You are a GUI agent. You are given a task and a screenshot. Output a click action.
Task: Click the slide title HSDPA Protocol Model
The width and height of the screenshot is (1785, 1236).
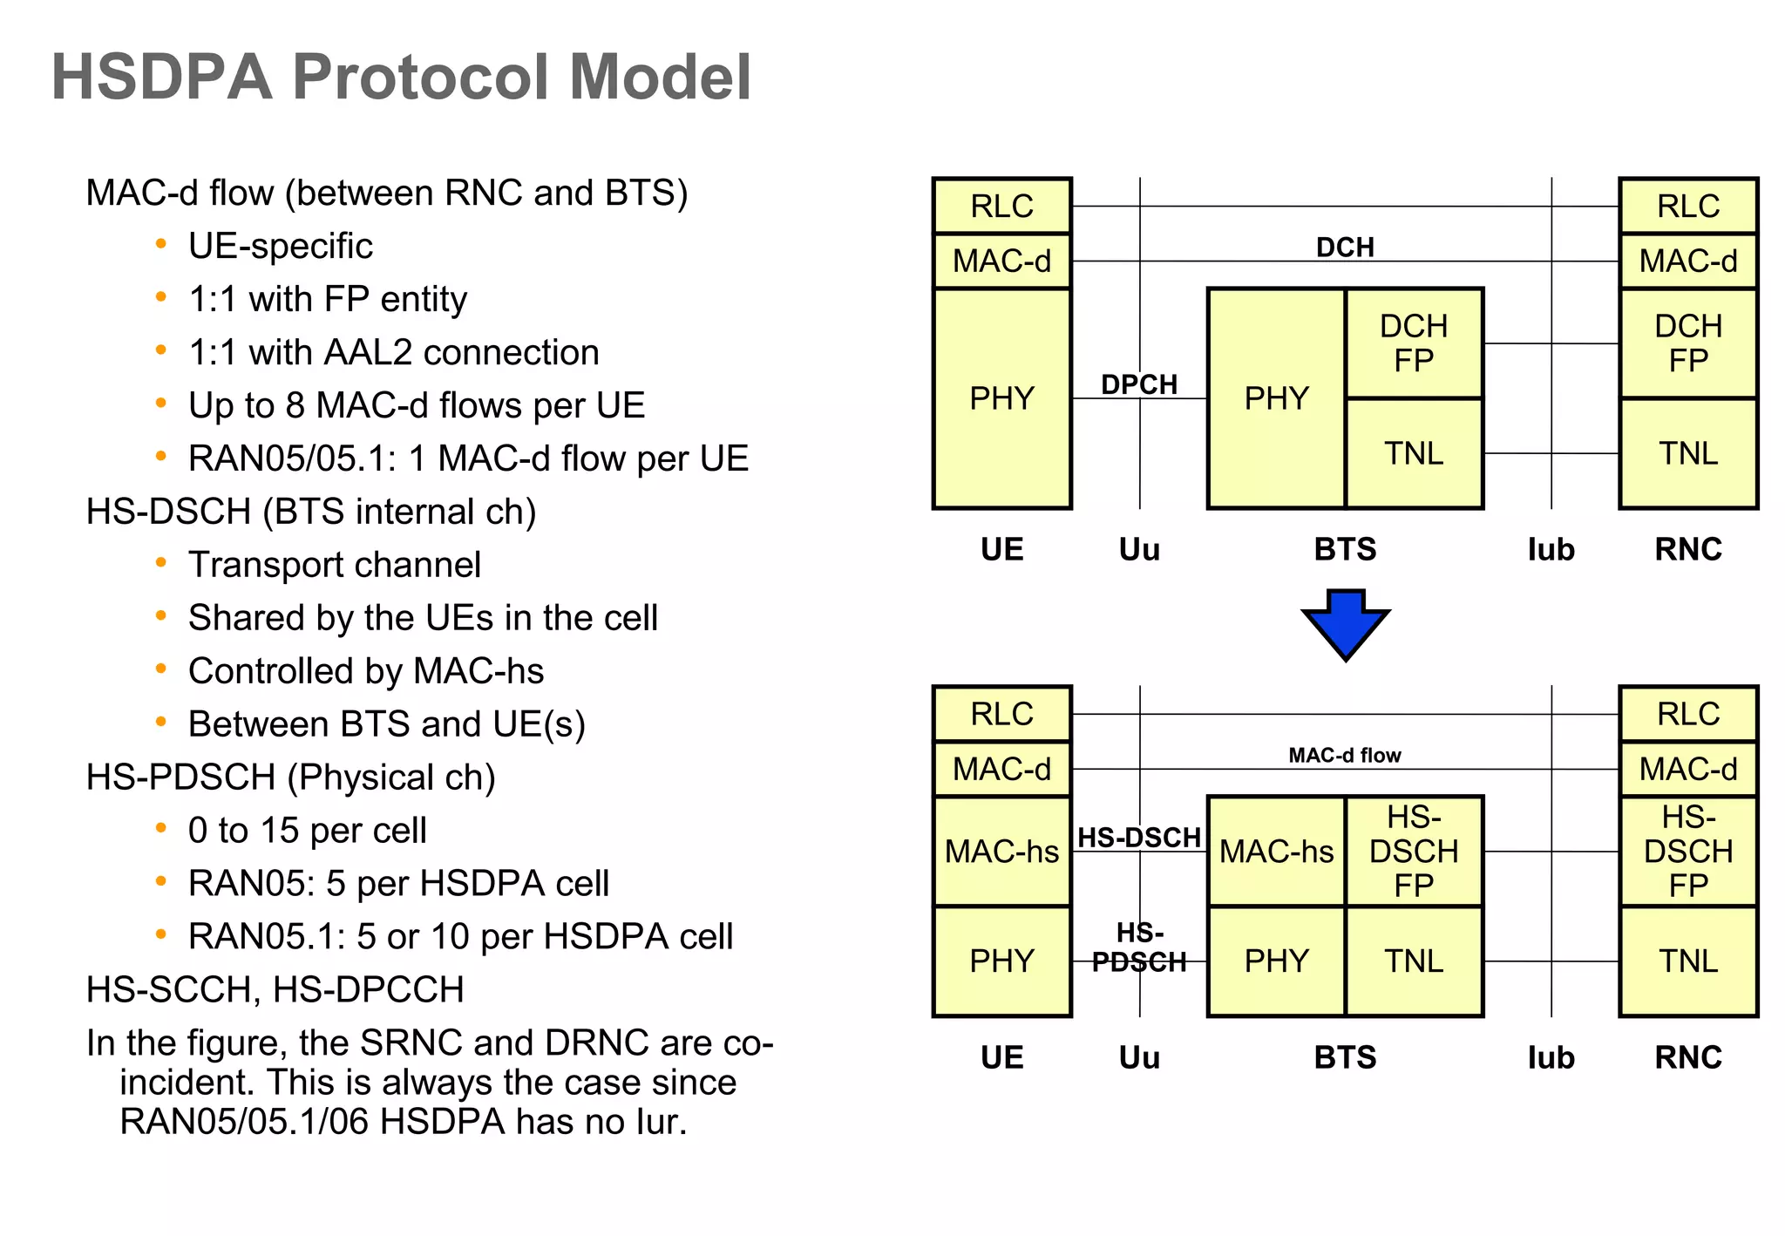coord(401,78)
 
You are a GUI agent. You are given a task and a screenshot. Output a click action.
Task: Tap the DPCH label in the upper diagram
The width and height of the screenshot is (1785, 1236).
coord(1138,384)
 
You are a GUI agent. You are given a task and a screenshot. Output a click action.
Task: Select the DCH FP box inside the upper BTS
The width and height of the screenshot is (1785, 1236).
coord(1413,343)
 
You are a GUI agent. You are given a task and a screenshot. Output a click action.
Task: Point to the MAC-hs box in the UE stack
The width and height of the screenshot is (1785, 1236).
coord(1001,851)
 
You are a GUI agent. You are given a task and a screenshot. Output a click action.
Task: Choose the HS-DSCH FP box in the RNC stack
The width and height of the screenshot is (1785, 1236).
coord(1687,851)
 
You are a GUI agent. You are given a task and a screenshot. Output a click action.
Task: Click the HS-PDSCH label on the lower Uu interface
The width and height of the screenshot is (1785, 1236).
coord(1138,947)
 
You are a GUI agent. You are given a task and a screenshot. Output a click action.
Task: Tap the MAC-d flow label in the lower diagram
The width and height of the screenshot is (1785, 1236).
coord(1344,755)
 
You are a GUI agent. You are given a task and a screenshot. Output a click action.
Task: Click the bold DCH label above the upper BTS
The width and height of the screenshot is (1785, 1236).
coord(1344,248)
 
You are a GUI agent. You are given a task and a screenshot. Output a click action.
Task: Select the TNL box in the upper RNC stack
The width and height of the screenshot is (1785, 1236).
coord(1687,453)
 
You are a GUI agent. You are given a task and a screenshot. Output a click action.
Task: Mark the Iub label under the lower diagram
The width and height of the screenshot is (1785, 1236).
coord(1551,1057)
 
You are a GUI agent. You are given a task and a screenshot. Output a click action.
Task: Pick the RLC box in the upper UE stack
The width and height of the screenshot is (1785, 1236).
coord(1001,207)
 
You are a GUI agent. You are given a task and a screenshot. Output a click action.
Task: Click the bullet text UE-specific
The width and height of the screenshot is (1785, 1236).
coord(281,246)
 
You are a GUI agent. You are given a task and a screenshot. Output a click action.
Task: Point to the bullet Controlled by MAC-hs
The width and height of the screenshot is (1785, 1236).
coord(366,671)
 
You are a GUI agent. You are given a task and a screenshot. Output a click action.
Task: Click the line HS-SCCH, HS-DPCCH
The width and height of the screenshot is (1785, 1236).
coord(275,989)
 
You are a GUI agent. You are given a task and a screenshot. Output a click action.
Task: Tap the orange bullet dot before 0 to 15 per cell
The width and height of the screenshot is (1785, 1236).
coord(160,828)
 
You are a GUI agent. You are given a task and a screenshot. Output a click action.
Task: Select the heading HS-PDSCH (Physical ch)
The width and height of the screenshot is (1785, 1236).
coord(290,777)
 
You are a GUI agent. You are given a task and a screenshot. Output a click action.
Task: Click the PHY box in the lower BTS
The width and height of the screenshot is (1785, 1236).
coord(1276,961)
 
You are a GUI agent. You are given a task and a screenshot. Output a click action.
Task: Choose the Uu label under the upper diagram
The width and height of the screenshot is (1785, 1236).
coord(1138,549)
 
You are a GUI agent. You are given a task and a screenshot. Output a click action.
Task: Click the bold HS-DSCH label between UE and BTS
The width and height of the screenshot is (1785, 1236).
coord(1138,838)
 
